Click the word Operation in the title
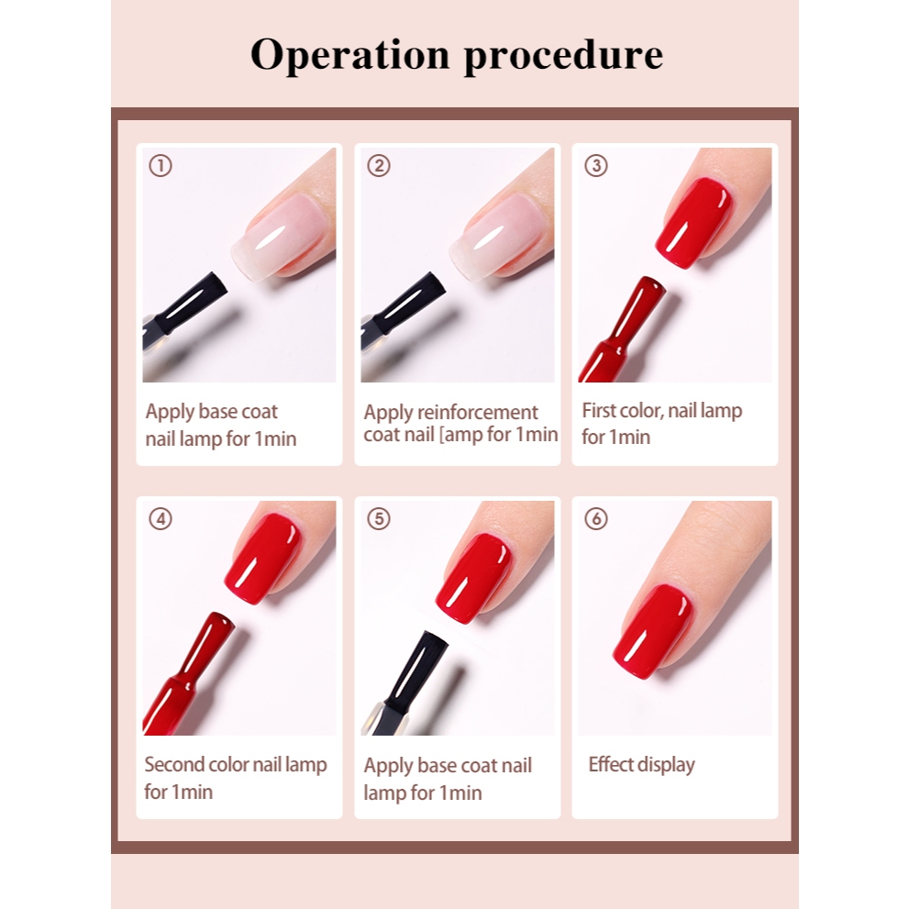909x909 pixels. point(350,55)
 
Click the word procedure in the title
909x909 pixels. point(564,56)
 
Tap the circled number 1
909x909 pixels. point(161,166)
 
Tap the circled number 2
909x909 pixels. point(379,166)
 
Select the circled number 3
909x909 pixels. point(596,166)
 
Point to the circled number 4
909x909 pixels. point(161,519)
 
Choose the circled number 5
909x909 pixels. point(379,519)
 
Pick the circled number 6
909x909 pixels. point(596,519)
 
